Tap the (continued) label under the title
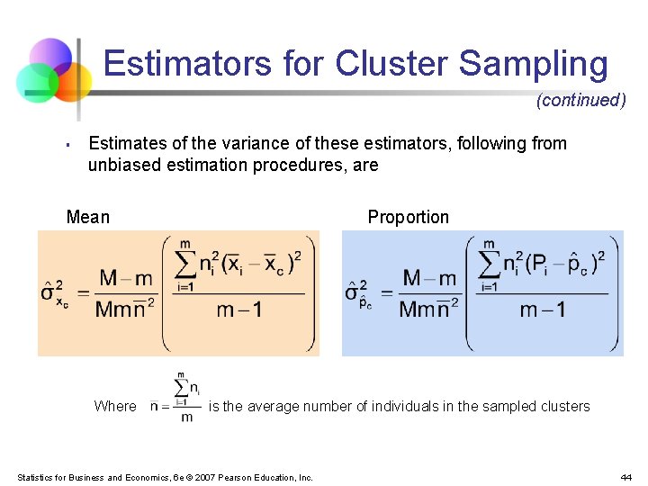tap(580, 100)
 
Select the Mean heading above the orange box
tap(88, 217)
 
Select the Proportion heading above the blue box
tap(408, 217)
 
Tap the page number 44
tap(625, 477)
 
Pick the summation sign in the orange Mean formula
tap(184, 265)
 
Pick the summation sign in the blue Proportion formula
tap(489, 265)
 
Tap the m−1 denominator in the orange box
tap(239, 310)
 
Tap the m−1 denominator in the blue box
tap(543, 310)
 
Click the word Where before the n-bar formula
tap(115, 406)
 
